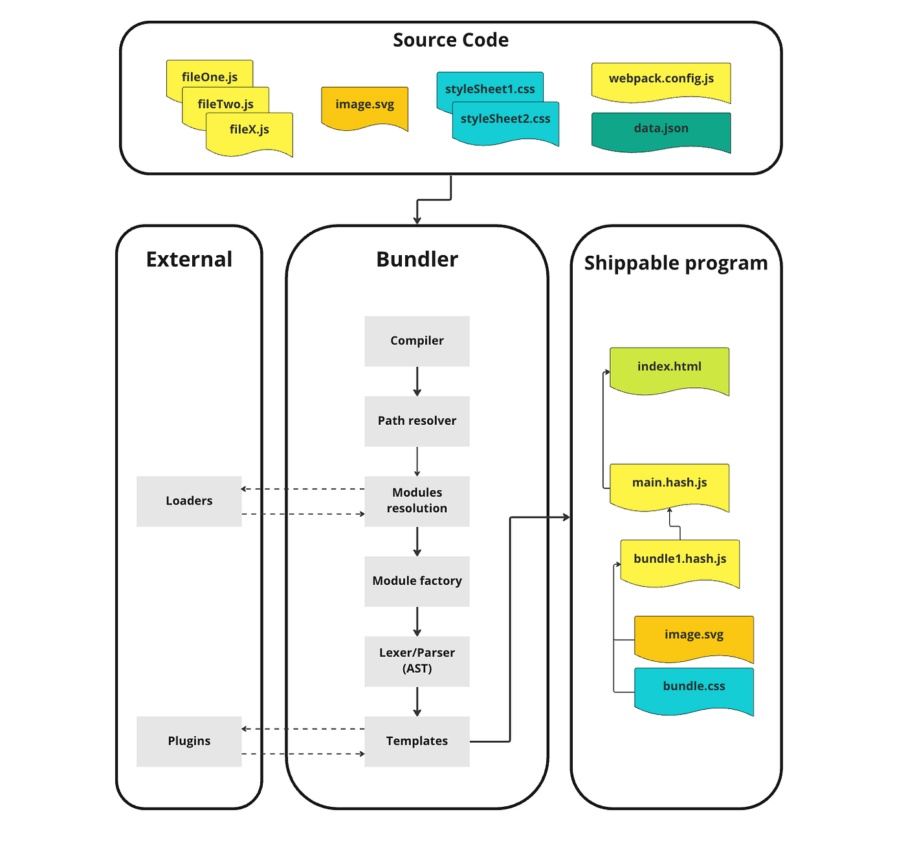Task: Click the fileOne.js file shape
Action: coord(210,74)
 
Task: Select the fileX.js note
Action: coord(250,133)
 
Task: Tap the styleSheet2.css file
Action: coord(505,122)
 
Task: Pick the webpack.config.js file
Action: coord(661,82)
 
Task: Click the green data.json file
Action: coord(661,131)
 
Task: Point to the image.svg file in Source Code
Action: coord(364,108)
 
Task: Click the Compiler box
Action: coord(417,341)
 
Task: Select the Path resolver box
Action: coord(417,421)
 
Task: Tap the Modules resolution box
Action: coord(417,501)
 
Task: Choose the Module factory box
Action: coord(417,581)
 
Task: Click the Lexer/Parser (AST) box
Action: coord(417,661)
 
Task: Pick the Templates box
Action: coord(417,741)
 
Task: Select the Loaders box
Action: coord(189,501)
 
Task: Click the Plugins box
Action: coord(189,741)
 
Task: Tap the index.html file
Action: coord(669,370)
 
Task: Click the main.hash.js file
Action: coord(669,487)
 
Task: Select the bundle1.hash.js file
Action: coord(679,563)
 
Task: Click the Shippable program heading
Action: coord(676,264)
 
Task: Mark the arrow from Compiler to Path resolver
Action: coord(417,381)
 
